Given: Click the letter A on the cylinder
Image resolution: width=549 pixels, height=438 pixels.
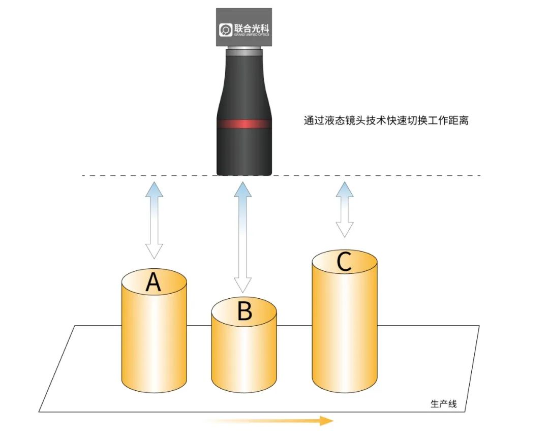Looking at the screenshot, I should point(153,282).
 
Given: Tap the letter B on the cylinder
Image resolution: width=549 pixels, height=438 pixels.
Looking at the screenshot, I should point(245,311).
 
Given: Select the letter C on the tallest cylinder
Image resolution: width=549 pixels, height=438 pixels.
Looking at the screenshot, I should point(344,262).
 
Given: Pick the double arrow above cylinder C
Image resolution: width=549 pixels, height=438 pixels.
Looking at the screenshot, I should point(345,209).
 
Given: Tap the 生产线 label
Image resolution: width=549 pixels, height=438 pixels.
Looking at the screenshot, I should point(444,404).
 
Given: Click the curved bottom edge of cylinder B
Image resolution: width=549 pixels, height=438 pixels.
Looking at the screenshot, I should point(244,392).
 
